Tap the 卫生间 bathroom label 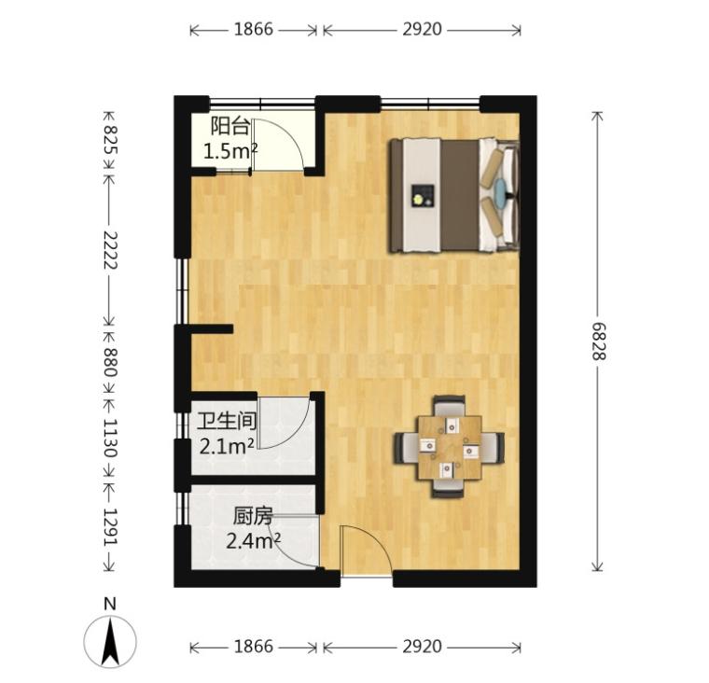[227, 422]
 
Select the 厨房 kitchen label [253, 517]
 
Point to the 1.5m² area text [230, 151]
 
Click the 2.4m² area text [253, 540]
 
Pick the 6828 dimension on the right [599, 341]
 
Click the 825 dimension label [110, 139]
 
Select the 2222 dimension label [110, 250]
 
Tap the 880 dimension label [110, 362]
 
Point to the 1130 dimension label [110, 438]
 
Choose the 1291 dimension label [110, 527]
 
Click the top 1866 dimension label [254, 30]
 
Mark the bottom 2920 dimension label [423, 647]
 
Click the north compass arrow [110, 642]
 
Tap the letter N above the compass [110, 605]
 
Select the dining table [450, 448]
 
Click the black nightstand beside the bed [423, 196]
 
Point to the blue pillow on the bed [501, 193]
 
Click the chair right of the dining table [494, 448]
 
